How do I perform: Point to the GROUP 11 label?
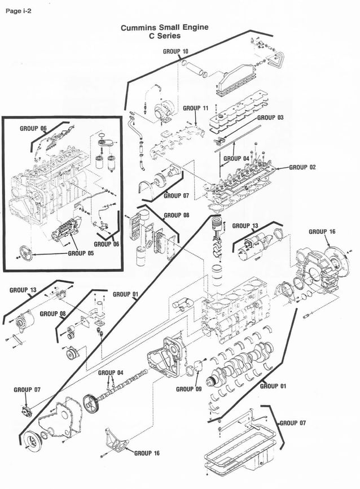(x=196, y=108)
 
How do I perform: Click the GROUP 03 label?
(x=270, y=117)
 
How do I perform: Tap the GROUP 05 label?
(x=81, y=254)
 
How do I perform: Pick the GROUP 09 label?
(x=188, y=389)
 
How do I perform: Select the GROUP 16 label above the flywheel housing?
(x=322, y=232)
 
